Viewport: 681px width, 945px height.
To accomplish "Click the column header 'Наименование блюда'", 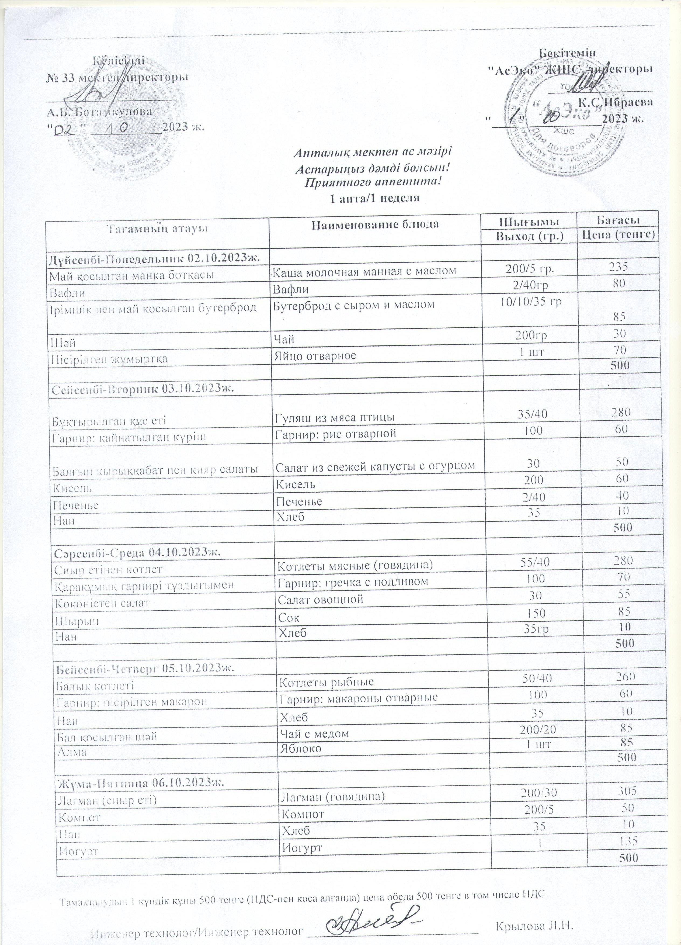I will [x=375, y=224].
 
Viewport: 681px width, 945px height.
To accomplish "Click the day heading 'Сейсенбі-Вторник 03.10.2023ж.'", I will [x=143, y=389].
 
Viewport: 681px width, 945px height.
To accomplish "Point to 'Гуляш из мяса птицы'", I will [x=336, y=417].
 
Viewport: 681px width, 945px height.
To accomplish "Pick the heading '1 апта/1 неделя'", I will [x=374, y=198].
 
